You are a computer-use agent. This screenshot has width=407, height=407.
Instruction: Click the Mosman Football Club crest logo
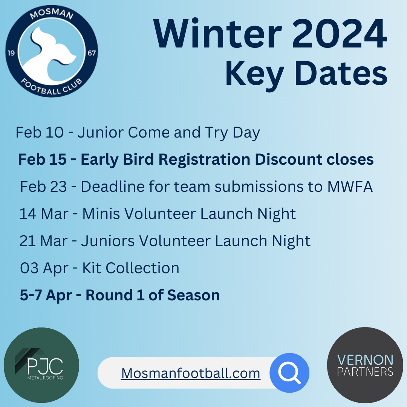click(52, 51)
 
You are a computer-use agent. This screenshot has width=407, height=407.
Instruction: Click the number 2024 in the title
click(340, 34)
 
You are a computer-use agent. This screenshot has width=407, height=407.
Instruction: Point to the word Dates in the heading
click(341, 73)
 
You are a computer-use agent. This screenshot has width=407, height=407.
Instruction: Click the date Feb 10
click(40, 132)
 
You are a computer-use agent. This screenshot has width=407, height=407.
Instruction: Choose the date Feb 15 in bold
click(42, 159)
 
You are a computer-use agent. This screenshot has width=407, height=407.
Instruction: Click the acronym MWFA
click(350, 187)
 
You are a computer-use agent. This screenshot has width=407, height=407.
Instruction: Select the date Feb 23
click(43, 187)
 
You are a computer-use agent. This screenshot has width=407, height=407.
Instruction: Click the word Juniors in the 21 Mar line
click(108, 241)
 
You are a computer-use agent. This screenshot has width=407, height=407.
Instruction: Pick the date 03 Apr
click(44, 268)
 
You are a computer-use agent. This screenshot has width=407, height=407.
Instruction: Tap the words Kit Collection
click(131, 268)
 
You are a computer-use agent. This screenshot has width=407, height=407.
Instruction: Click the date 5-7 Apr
click(46, 296)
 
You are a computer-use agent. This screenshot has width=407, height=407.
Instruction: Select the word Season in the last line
click(193, 295)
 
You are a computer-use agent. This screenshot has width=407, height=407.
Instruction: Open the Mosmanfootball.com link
click(191, 373)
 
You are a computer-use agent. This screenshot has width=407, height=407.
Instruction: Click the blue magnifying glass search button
click(289, 373)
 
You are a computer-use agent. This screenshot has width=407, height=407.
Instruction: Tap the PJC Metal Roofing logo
click(41, 365)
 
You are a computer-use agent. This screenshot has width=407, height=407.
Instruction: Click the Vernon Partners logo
click(365, 365)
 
